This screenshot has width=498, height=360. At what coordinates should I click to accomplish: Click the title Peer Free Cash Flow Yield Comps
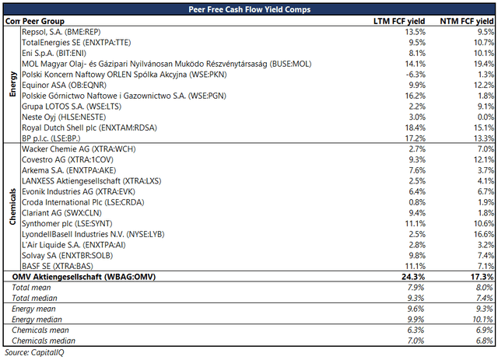249,9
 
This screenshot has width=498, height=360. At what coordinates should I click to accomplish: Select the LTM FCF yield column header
399,21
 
